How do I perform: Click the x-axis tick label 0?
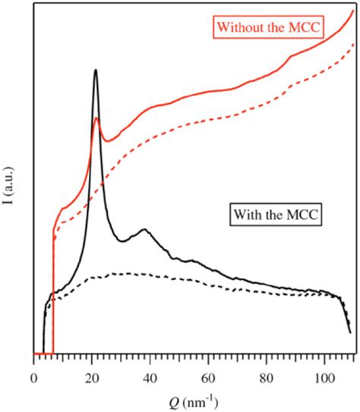click(33, 373)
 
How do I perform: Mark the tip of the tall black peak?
click(95, 70)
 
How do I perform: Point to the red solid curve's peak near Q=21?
click(96, 118)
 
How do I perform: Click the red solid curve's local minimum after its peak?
click(109, 140)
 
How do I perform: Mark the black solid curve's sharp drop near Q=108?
click(347, 319)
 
